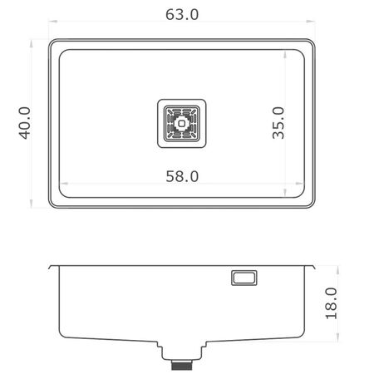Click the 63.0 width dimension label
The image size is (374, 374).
point(182,14)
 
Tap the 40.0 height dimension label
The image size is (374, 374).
point(25,123)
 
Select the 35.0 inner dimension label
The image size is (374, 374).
point(278,123)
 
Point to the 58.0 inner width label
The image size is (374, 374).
point(182,176)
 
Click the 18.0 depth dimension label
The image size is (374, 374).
point(332,303)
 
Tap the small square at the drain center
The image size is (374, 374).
point(182,124)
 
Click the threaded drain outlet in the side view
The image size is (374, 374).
point(182,365)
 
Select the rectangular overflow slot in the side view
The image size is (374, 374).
point(244,278)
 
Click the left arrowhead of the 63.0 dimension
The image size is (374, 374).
point(52,21)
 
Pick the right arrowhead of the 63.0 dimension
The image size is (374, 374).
point(311,21)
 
